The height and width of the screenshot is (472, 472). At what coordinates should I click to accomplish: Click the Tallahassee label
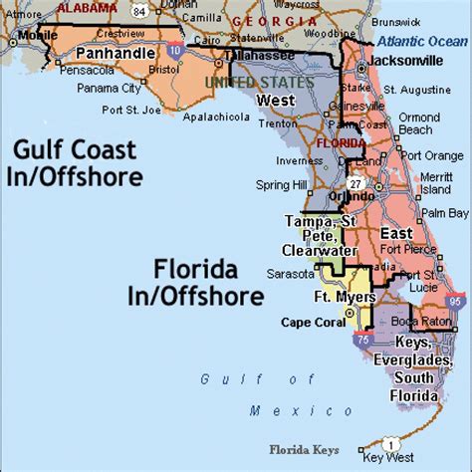point(259,56)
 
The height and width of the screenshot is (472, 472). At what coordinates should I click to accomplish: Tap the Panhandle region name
point(116,52)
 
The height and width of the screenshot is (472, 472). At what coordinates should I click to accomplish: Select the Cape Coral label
point(310,321)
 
